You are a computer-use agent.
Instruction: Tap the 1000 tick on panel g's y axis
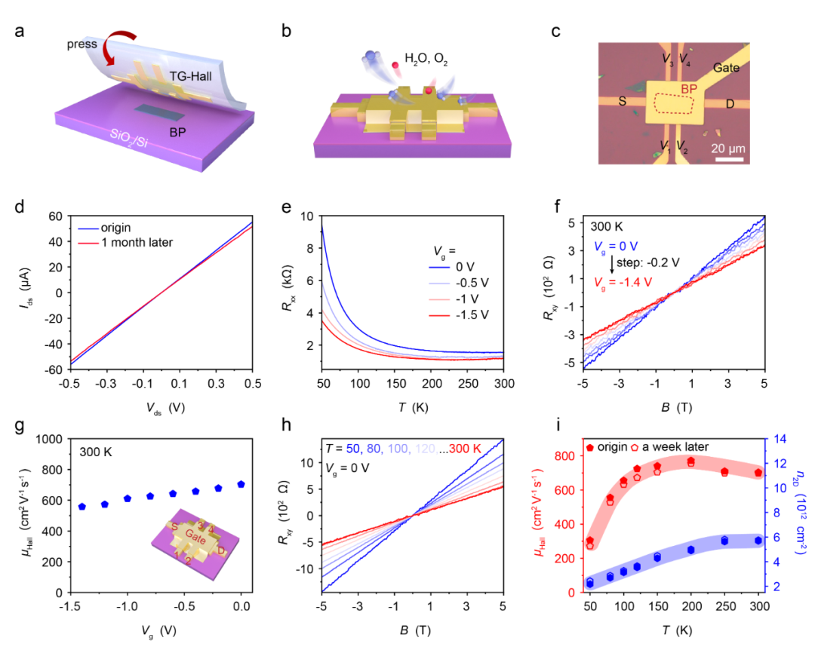(x=52, y=439)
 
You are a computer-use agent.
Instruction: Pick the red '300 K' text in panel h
(x=464, y=450)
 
